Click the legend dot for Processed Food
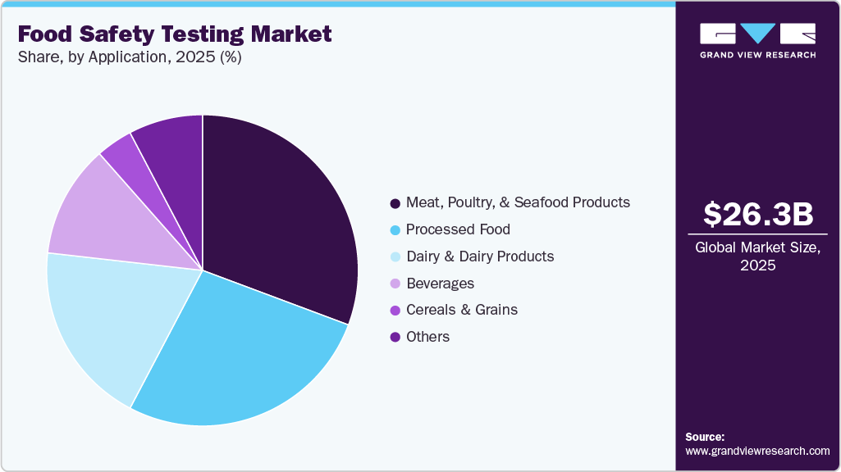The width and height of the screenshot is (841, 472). pos(395,229)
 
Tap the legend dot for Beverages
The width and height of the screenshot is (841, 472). pos(395,284)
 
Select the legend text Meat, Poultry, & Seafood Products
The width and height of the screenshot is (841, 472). pos(518,202)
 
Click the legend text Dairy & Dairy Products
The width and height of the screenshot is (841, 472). pos(480,256)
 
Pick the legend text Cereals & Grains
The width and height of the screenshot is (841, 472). pos(462,310)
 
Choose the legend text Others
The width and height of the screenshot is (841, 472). pos(427,337)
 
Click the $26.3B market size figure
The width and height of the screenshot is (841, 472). pos(758,214)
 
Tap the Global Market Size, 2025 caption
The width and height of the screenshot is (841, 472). pos(758,256)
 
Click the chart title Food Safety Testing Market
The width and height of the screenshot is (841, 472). pos(175,34)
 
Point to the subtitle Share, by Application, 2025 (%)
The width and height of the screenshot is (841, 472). pos(129,57)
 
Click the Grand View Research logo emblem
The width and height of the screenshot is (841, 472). pos(758,34)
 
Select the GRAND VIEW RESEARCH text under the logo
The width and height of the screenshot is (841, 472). pos(758,55)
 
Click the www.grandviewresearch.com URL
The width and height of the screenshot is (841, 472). pos(757,451)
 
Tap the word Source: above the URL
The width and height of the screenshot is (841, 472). pos(705,437)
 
